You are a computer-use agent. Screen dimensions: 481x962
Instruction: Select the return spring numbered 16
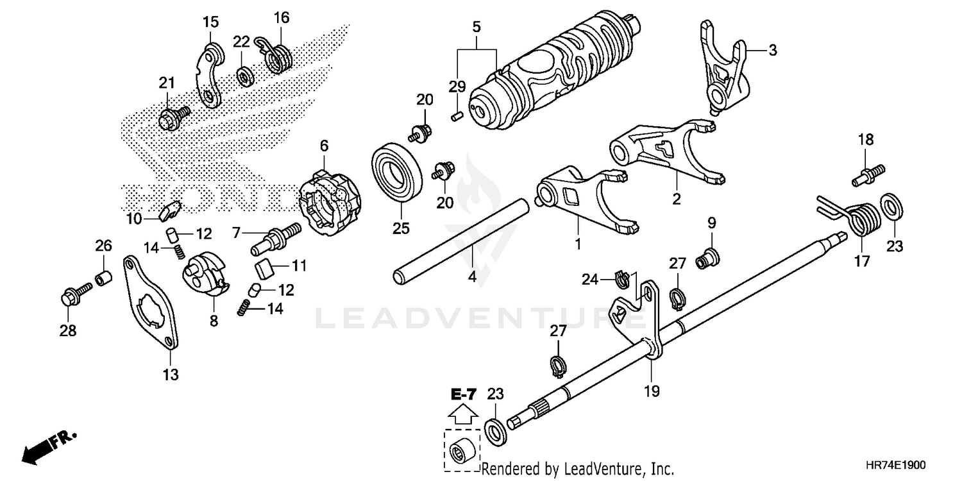[277, 56]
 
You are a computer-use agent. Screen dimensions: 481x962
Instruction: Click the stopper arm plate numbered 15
[208, 76]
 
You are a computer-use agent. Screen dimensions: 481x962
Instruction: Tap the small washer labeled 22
[244, 76]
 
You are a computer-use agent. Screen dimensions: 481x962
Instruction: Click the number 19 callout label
[652, 391]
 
